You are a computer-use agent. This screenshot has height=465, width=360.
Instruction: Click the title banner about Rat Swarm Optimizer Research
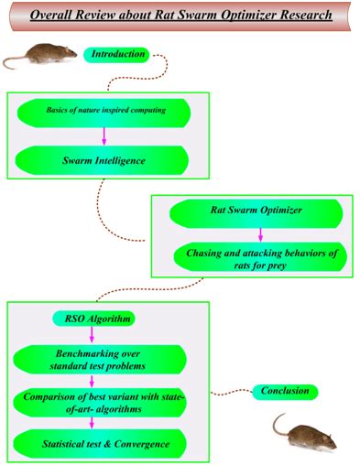click(180, 16)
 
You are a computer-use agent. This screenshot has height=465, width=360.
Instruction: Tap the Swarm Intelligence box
click(103, 161)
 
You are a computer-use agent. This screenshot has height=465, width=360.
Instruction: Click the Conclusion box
click(286, 392)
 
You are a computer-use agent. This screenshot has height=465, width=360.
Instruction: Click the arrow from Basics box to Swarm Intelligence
click(103, 135)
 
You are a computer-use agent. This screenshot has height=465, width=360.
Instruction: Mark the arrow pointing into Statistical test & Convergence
click(92, 424)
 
